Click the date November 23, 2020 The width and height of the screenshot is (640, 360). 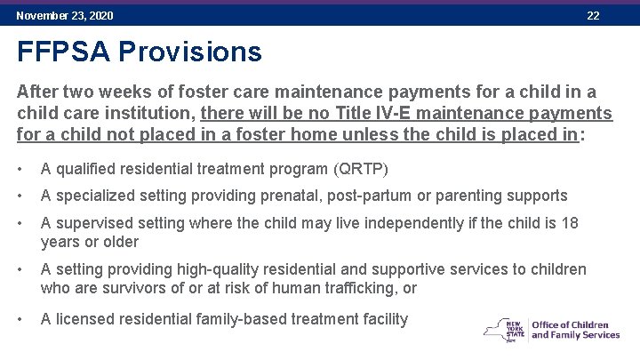(x=65, y=16)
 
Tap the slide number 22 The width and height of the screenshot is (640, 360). (x=593, y=16)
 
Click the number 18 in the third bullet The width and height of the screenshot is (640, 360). (x=570, y=222)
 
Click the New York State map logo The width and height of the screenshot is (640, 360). (x=504, y=329)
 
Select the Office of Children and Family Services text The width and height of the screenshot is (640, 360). (x=575, y=329)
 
